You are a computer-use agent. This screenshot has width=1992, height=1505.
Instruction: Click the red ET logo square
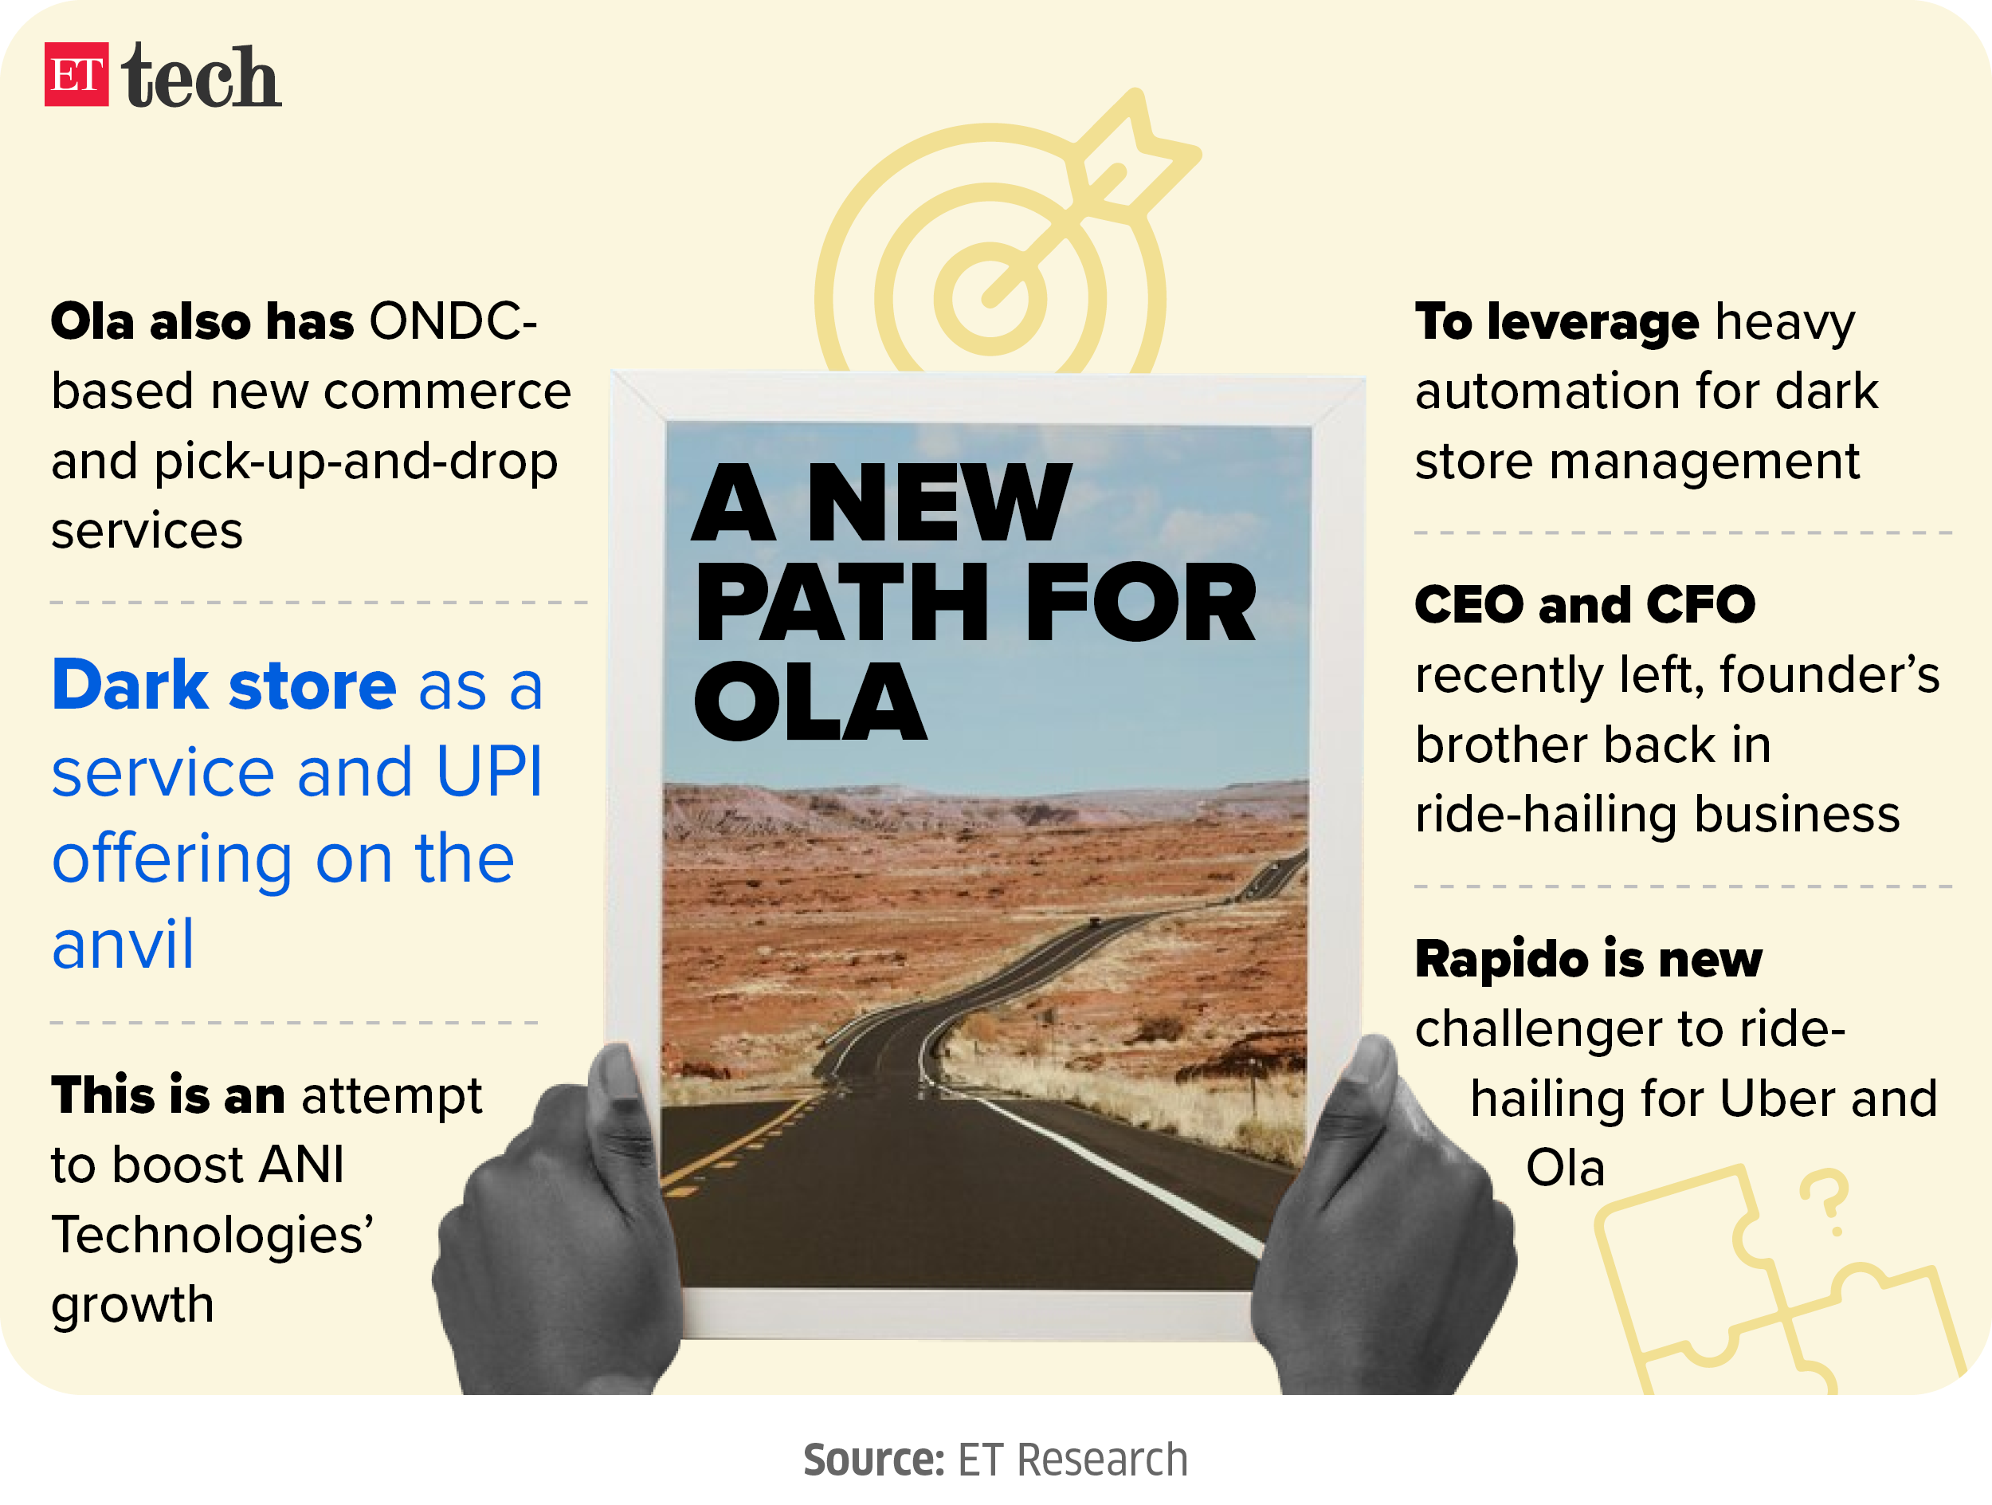[x=76, y=75]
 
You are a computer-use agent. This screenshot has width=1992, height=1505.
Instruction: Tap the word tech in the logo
[x=202, y=77]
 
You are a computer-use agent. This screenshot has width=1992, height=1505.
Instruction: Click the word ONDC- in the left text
[x=453, y=321]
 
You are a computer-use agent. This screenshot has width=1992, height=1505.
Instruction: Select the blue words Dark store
[x=224, y=686]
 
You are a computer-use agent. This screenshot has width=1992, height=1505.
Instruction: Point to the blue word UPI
[x=490, y=772]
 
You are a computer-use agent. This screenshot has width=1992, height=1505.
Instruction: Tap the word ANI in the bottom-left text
[x=300, y=1165]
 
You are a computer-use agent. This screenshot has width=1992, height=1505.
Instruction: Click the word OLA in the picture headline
[x=810, y=701]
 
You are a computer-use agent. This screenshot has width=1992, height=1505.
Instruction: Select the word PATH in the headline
[x=842, y=602]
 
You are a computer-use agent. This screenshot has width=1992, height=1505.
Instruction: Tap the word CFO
[x=1701, y=604]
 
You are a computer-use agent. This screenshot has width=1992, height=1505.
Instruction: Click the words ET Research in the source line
[x=1072, y=1460]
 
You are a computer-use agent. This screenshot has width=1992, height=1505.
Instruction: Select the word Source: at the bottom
[x=873, y=1460]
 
